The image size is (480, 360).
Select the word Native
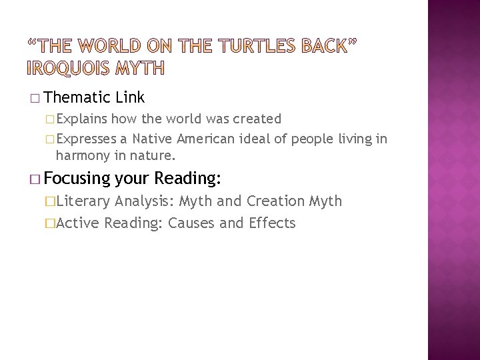coord(154,139)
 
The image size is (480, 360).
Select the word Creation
coord(275,201)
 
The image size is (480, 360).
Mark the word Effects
coord(271,223)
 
